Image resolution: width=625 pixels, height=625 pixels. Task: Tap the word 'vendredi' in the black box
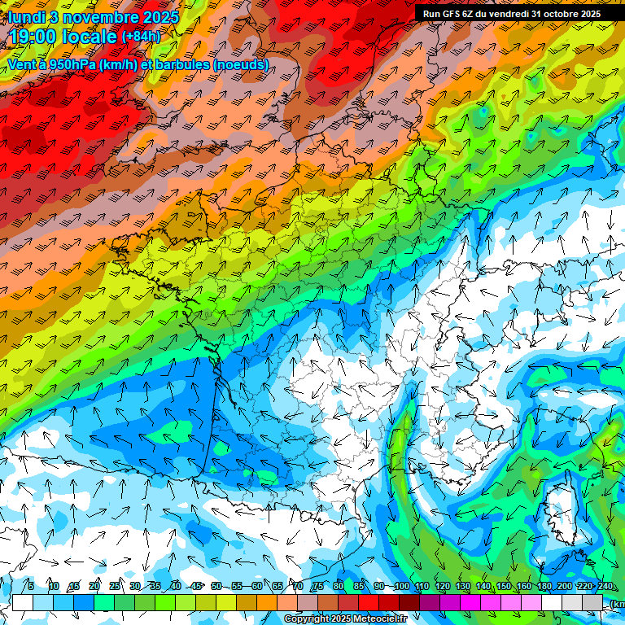point(508,13)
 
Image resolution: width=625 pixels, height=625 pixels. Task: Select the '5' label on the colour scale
point(31,586)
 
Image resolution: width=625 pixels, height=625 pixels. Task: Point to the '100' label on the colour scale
point(401,586)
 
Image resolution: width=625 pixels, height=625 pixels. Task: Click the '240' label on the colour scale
point(605,586)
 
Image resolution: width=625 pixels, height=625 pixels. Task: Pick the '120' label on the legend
point(442,586)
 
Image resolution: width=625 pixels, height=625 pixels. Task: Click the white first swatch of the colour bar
point(23,602)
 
